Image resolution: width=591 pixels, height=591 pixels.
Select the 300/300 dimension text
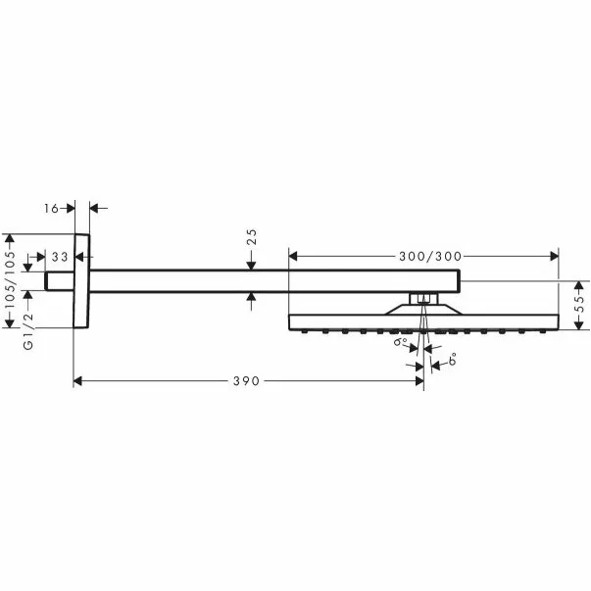(430, 257)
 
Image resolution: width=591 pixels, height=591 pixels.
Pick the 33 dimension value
(60, 257)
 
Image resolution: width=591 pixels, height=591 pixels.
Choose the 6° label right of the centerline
(452, 362)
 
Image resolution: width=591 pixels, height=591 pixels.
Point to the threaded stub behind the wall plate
(60, 281)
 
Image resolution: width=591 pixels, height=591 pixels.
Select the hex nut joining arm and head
(422, 297)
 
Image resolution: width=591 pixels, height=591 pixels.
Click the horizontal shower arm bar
(265, 281)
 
